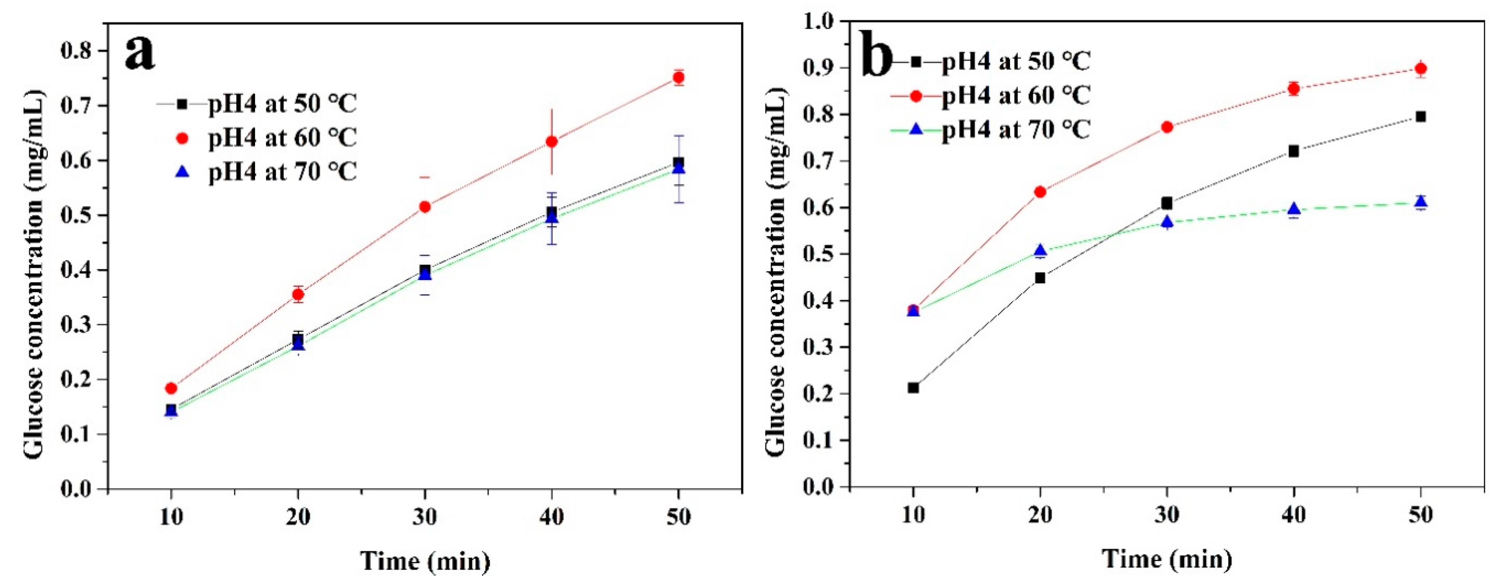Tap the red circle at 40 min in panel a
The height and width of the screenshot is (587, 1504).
[551, 142]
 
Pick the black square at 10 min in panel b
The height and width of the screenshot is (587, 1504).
[913, 388]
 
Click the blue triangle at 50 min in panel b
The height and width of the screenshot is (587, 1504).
[1421, 202]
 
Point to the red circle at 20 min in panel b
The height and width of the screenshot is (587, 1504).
[1040, 191]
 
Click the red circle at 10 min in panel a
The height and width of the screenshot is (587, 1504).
[171, 388]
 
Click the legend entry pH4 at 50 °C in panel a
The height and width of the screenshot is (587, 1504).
[282, 104]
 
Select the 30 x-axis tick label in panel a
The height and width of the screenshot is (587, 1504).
[424, 517]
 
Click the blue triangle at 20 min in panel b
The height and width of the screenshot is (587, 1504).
[1040, 251]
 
